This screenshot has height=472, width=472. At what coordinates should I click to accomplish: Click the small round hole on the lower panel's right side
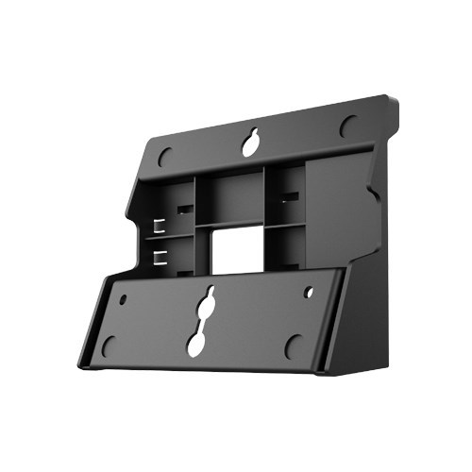[x=310, y=293]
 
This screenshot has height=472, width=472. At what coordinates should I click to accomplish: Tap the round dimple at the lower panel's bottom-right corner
[x=294, y=346]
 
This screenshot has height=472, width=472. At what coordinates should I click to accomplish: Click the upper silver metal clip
[x=158, y=227]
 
